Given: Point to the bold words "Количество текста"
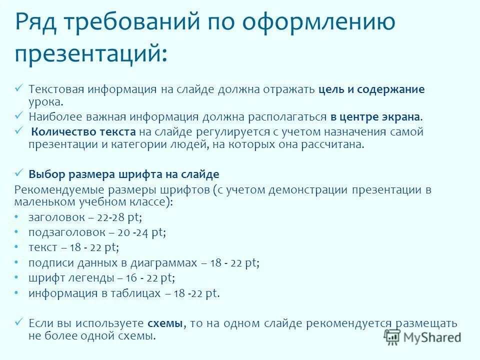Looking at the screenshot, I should point(83,131).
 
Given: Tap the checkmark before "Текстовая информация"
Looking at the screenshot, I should point(19,88).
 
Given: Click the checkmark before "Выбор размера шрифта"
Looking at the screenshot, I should point(19,173).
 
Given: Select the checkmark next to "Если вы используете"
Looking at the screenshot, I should point(19,322).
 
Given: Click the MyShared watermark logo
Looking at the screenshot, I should point(422,337).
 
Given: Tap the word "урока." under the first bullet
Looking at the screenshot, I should point(46,101).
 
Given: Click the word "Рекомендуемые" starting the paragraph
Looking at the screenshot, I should point(55,190).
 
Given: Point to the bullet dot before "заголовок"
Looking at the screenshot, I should point(16,216).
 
